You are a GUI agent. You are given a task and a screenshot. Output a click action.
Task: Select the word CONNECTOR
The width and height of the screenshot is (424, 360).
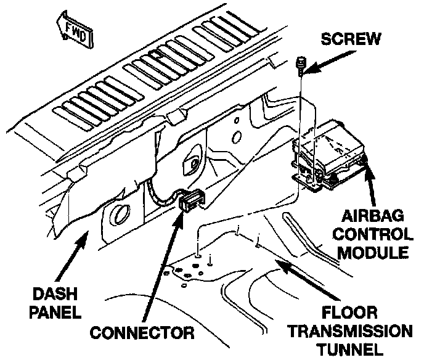coord(142,333)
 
